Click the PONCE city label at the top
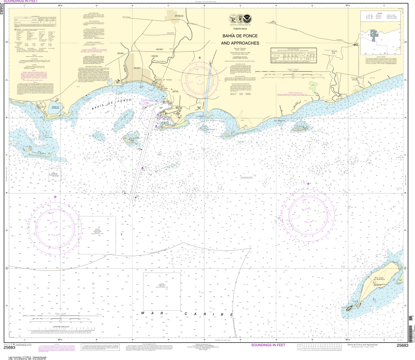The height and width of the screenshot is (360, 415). (x=179, y=16)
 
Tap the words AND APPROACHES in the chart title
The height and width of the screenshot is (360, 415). (x=240, y=43)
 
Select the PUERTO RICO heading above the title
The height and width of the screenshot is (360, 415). (x=240, y=29)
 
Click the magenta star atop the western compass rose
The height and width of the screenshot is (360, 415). (x=55, y=197)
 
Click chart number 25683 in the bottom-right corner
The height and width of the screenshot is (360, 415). (x=402, y=345)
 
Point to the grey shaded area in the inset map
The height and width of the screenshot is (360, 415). (x=374, y=35)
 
